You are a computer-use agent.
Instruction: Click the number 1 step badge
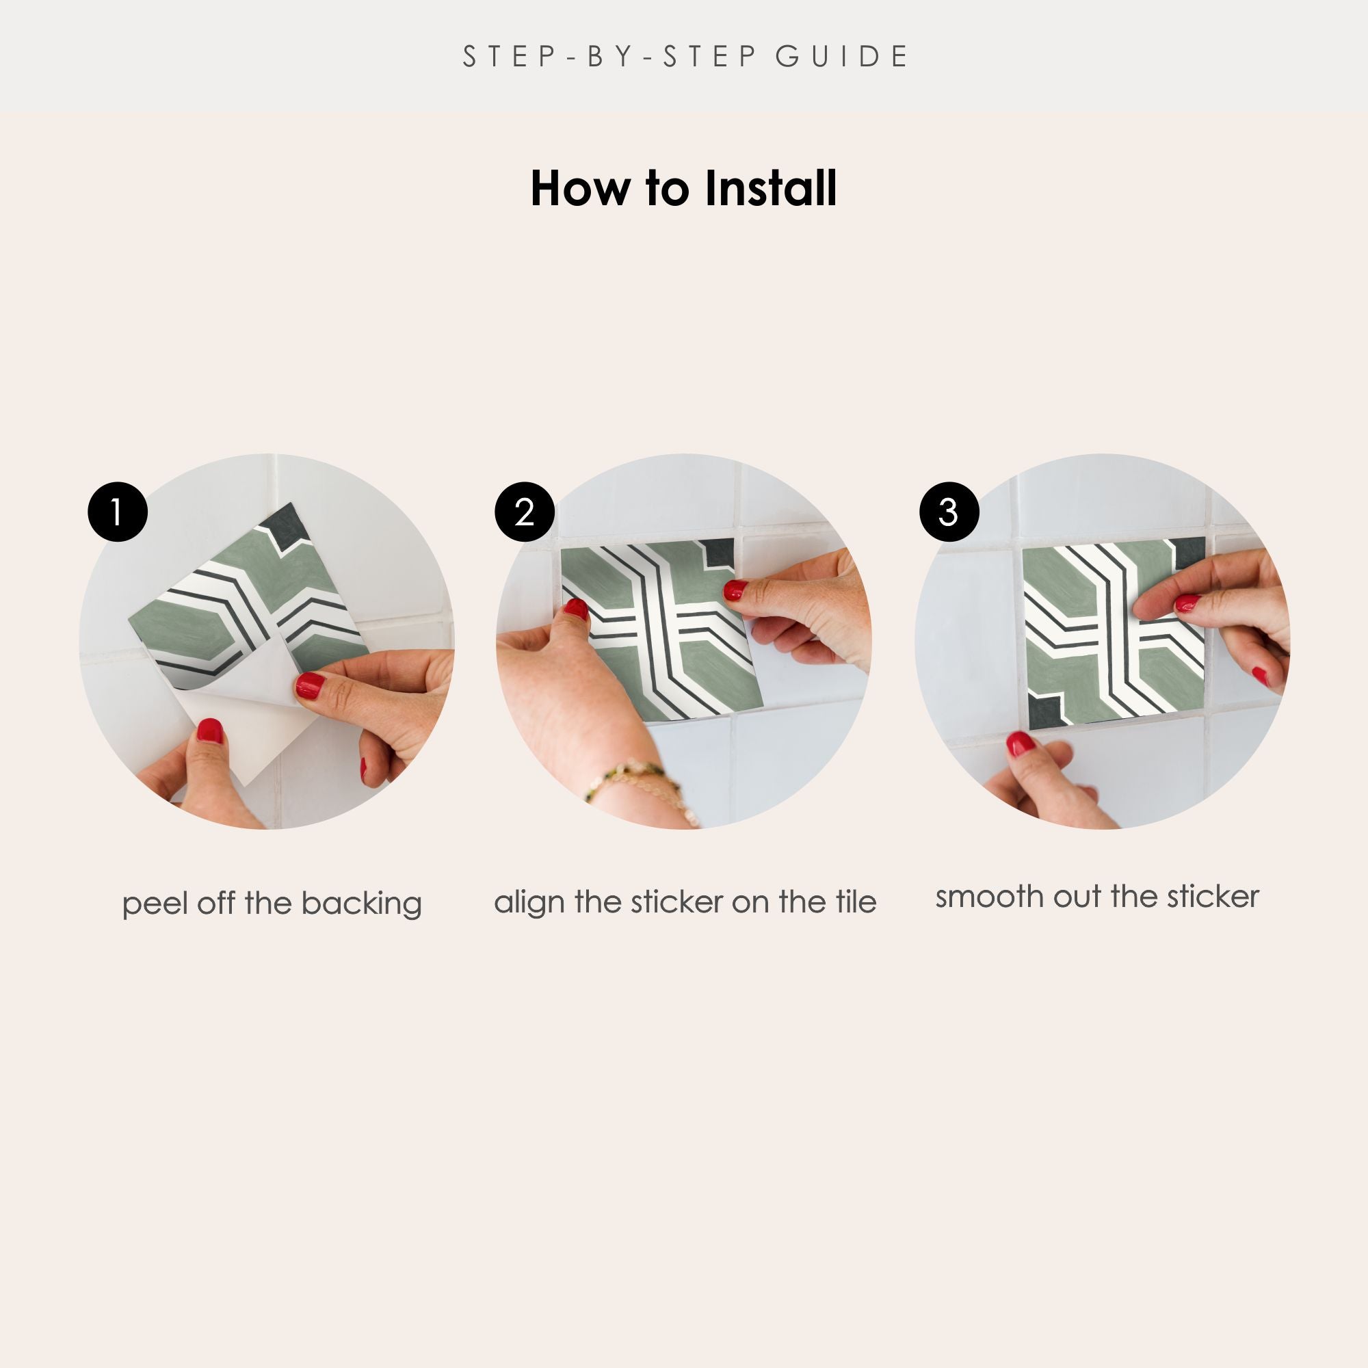point(118,512)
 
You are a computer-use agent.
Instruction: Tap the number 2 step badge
point(524,512)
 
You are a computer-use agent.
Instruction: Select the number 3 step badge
point(949,512)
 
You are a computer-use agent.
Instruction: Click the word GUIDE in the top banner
point(842,57)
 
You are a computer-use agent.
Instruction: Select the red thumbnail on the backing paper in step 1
point(210,730)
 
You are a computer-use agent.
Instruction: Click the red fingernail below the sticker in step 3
point(1021,744)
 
